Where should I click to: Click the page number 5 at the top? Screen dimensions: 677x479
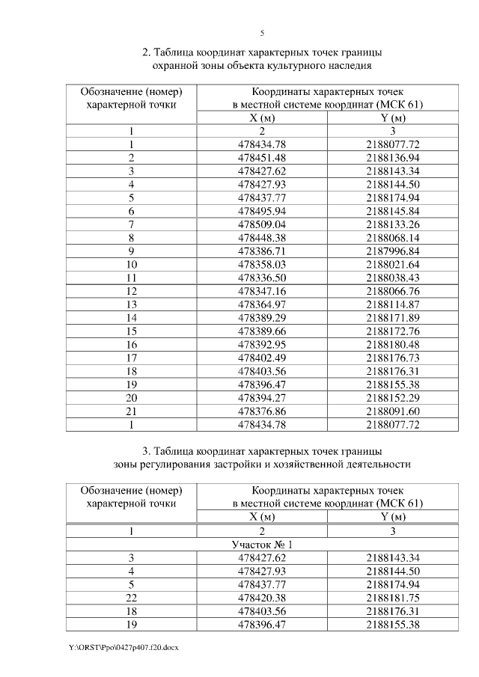(262, 33)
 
